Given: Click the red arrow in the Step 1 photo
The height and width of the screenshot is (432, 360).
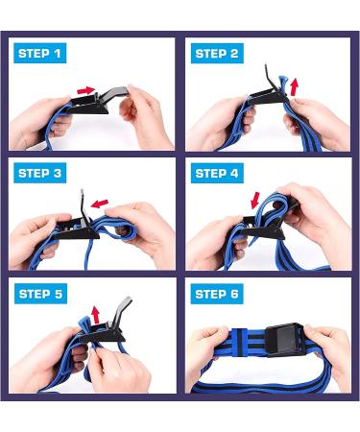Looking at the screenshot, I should [86, 90].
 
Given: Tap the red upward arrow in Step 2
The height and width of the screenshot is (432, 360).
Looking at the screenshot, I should [294, 86].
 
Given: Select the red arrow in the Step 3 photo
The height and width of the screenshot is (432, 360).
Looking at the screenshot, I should [99, 204].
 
